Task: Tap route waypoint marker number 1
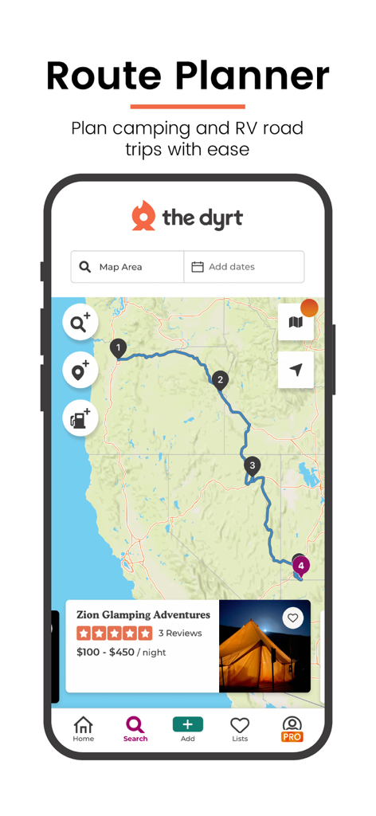118,348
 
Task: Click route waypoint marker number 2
220,380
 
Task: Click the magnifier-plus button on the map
80,323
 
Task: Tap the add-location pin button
80,371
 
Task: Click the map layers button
296,322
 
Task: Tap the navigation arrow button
296,370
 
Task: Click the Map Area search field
127,267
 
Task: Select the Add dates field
244,267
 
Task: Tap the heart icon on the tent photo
293,618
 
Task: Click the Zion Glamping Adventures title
143,615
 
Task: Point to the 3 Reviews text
180,634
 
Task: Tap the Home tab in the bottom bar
84,728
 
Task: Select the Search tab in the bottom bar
135,728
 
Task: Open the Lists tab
240,728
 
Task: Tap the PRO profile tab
292,728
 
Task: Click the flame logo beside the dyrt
143,216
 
